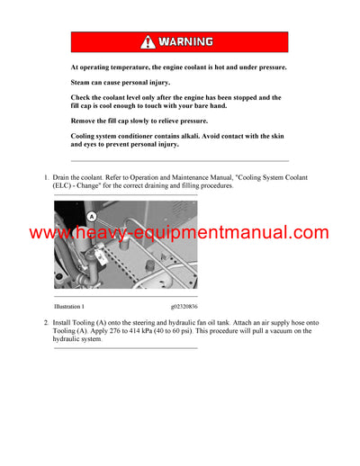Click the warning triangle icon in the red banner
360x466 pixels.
coord(148,42)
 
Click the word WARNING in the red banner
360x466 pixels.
coord(186,42)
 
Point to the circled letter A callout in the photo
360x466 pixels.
coord(91,216)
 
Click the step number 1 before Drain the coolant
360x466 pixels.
coord(46,178)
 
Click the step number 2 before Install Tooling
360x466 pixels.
coord(46,322)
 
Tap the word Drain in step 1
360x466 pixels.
coord(63,178)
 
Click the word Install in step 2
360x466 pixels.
coord(65,322)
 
